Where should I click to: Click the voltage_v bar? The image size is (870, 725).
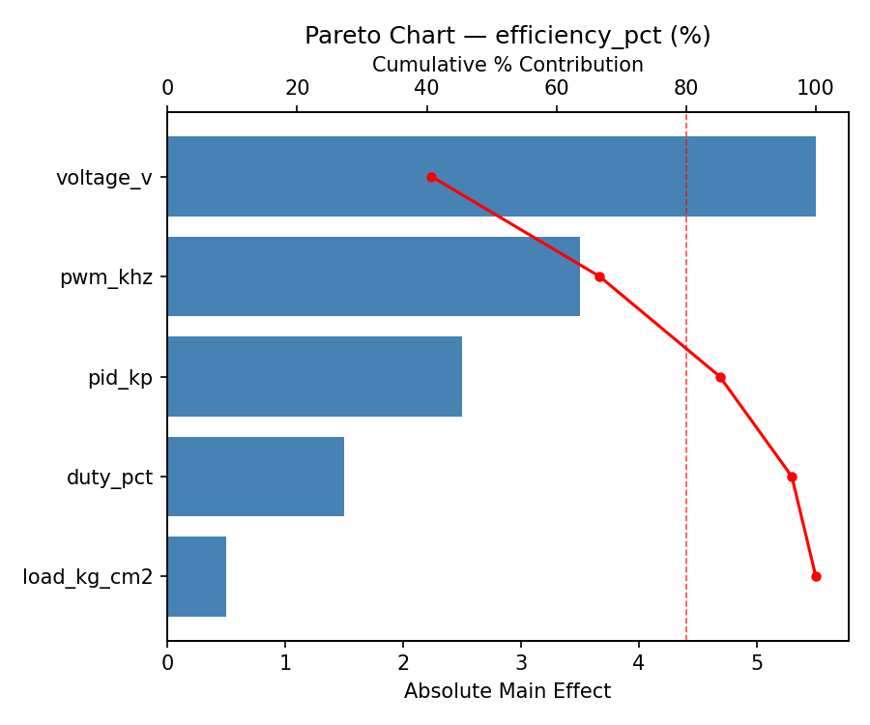491,177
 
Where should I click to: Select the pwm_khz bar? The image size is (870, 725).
373,276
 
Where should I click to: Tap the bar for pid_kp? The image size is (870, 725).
314,377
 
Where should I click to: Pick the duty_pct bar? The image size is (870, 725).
255,477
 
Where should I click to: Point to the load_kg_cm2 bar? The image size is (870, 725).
196,576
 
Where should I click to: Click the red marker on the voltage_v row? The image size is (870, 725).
431,177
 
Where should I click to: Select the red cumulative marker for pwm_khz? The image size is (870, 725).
599,276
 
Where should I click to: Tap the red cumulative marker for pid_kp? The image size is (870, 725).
720,377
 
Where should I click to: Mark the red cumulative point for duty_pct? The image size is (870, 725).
792,477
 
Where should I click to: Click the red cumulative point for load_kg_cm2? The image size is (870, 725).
816,576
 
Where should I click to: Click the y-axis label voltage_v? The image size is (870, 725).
104,178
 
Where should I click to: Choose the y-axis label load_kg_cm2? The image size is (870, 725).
88,577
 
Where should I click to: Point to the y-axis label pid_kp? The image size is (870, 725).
120,378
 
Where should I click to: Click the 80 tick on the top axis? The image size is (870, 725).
686,88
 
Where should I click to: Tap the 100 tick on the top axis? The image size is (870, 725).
816,88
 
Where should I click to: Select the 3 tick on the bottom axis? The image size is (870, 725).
521,663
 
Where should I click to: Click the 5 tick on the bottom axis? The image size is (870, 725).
757,663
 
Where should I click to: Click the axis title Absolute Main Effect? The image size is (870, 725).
507,691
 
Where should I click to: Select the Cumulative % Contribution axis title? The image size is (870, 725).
507,65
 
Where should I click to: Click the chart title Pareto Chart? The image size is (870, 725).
507,36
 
